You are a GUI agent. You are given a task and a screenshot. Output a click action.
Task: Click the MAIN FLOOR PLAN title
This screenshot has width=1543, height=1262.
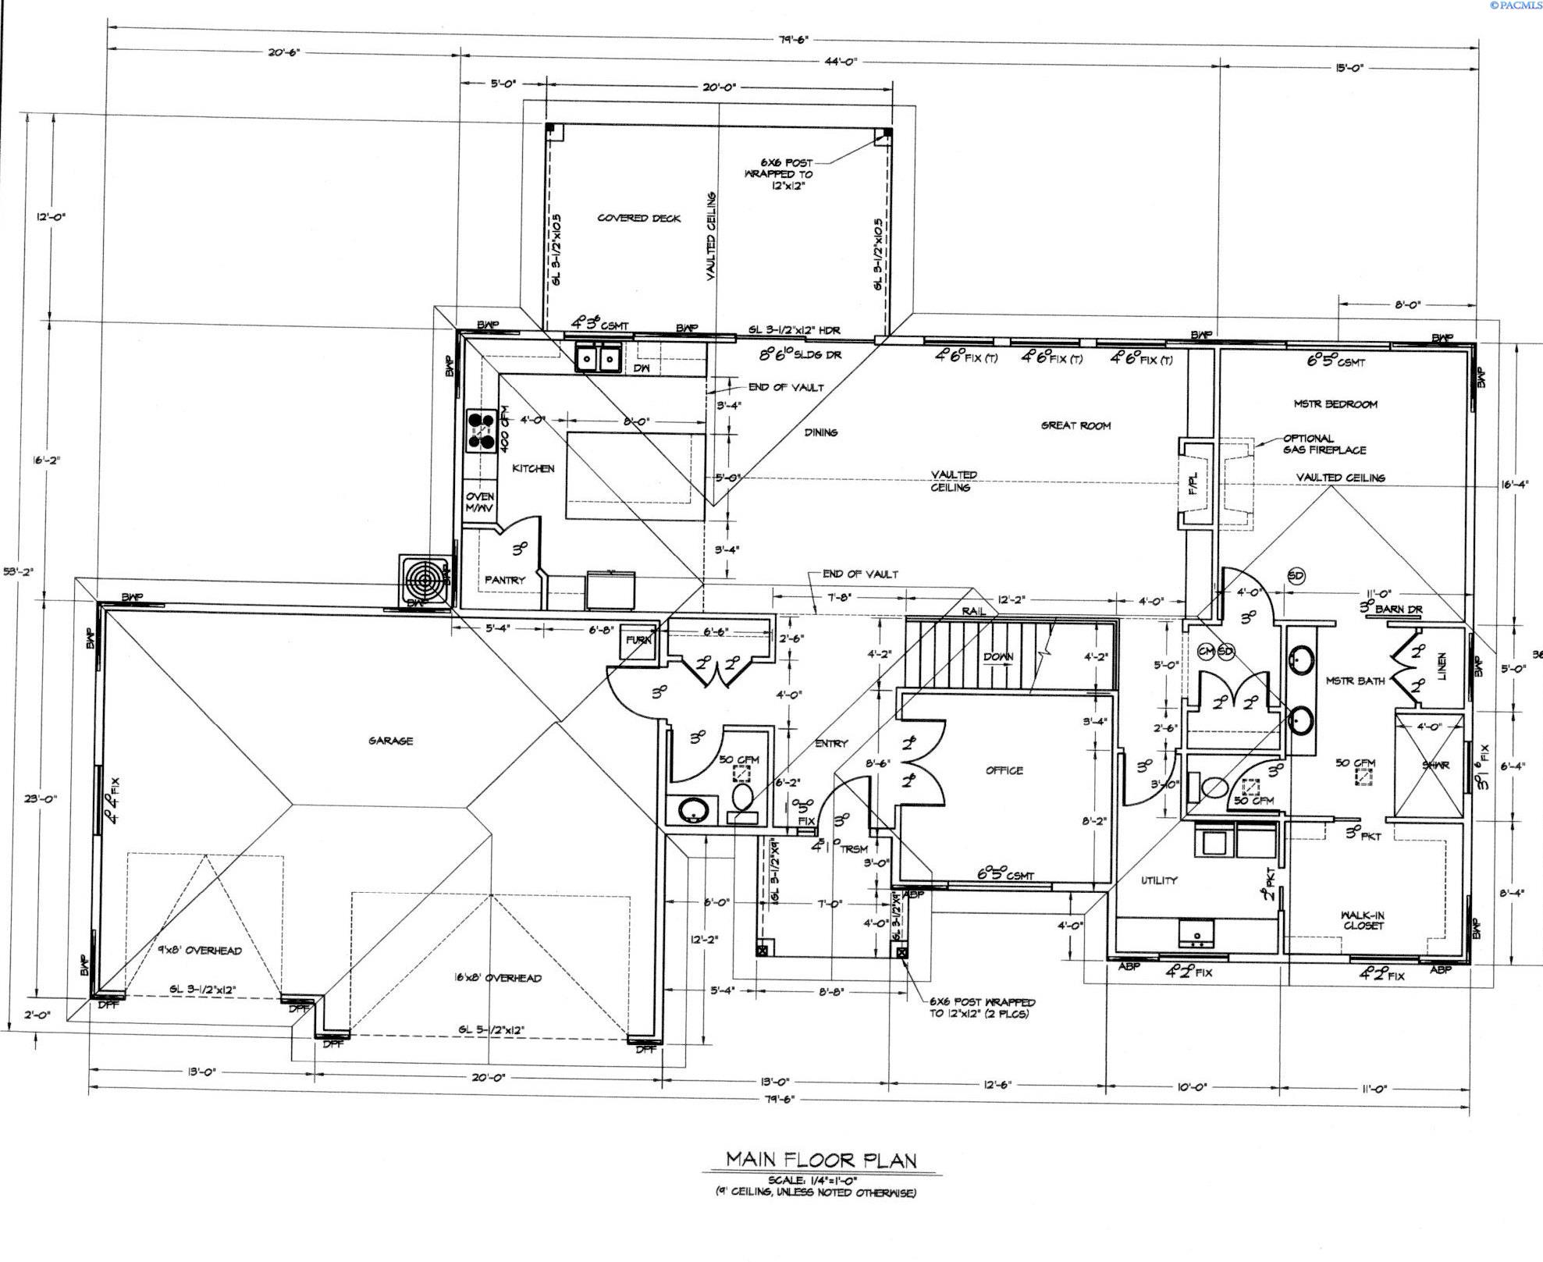point(820,1160)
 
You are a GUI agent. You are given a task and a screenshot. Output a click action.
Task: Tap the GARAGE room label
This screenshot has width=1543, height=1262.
point(390,741)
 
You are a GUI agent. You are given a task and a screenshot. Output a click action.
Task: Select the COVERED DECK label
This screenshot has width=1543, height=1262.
point(638,218)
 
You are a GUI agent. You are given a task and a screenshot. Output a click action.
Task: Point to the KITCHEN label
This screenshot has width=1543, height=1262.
point(533,468)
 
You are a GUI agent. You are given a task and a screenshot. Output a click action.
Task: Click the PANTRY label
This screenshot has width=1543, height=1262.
point(504,580)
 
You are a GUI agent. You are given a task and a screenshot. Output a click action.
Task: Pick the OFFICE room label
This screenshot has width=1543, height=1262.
point(1004,770)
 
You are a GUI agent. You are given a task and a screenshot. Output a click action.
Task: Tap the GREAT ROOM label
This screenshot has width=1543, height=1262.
point(1075,425)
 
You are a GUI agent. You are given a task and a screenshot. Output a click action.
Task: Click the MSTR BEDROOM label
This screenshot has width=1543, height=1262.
point(1335,404)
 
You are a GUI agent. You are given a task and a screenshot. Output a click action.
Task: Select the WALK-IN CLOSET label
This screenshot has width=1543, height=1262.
point(1363,920)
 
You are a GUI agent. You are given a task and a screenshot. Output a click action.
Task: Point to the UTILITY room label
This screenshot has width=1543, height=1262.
point(1158,880)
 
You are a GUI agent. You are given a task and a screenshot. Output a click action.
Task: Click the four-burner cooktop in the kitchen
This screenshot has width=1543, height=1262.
point(482,431)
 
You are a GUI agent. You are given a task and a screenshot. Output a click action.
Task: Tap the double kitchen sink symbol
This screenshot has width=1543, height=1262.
point(598,358)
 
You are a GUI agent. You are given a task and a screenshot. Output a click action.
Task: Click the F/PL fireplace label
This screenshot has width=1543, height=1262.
point(1193,484)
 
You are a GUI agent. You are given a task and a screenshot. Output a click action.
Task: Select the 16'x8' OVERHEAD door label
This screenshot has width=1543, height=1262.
point(497,978)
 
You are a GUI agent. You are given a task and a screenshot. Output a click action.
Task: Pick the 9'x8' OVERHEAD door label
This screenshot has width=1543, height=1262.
point(199,951)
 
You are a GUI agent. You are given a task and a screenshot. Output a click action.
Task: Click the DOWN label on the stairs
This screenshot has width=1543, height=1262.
point(997,656)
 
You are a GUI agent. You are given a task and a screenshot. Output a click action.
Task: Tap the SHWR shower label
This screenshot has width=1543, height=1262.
point(1435,765)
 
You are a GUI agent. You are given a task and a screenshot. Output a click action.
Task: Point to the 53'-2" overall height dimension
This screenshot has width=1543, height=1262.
point(17,572)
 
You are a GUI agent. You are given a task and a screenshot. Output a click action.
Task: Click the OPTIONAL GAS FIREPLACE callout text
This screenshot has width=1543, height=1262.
point(1324,444)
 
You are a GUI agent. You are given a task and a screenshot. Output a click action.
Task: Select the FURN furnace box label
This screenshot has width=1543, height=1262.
point(638,640)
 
